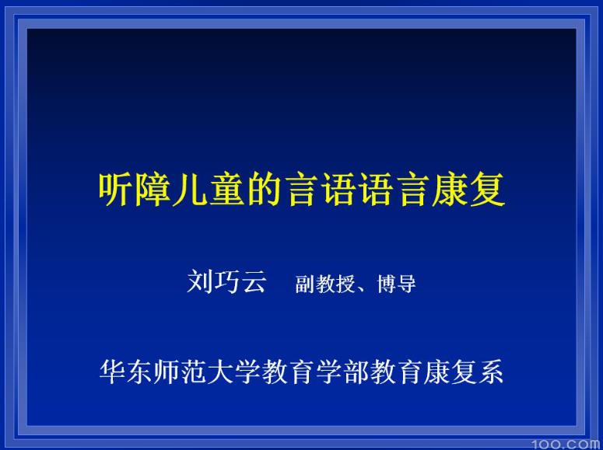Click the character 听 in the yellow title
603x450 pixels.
coord(115,189)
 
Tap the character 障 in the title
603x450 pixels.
coord(152,189)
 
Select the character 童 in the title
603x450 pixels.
coord(226,189)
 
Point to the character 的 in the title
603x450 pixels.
coord(262,189)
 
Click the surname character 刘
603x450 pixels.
coord(200,281)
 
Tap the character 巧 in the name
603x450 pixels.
coord(226,281)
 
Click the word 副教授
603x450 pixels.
coord(325,284)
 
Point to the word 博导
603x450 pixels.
coord(397,284)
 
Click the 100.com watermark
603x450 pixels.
coord(566,443)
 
